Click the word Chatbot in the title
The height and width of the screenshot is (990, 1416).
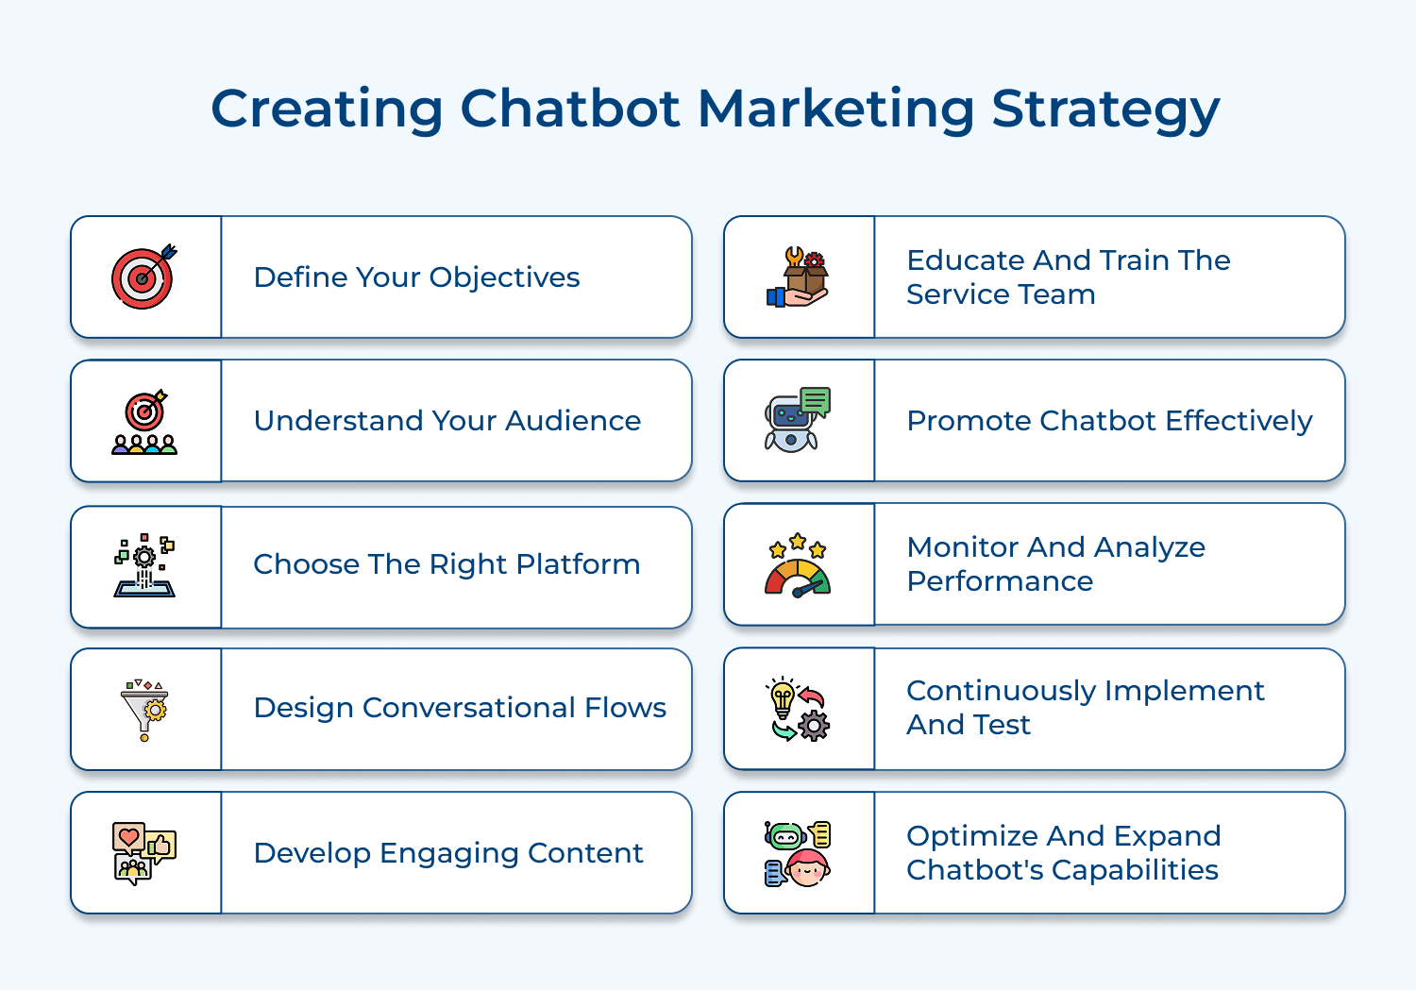(x=569, y=109)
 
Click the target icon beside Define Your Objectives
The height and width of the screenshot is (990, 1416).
(x=143, y=277)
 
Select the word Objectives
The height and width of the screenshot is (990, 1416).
(x=504, y=278)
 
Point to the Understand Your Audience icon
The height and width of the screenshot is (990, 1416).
(x=144, y=422)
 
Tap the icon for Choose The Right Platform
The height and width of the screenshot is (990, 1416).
(x=144, y=565)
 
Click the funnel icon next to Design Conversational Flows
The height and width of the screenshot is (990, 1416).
(x=144, y=710)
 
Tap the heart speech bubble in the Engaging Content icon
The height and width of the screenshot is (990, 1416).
(x=128, y=836)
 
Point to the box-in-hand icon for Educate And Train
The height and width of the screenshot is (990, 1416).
(x=798, y=277)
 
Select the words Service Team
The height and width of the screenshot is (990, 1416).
(x=1000, y=294)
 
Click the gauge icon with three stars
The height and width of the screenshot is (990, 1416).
(x=798, y=565)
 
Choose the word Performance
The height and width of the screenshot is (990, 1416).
(x=999, y=581)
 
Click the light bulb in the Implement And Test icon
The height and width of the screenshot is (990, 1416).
(x=783, y=698)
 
